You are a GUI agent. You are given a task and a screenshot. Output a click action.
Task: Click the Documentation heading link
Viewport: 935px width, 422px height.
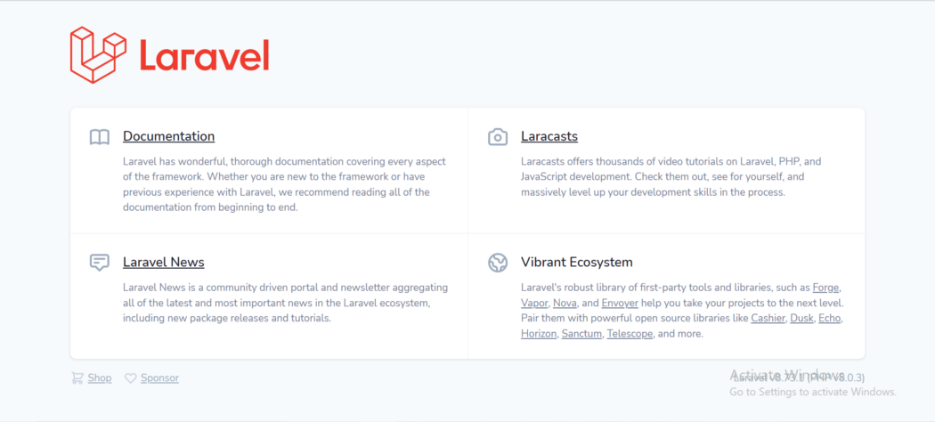point(168,136)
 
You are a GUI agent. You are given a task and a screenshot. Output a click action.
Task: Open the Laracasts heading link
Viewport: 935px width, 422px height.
point(549,136)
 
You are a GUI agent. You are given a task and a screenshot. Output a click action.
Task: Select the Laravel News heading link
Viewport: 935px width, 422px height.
point(163,262)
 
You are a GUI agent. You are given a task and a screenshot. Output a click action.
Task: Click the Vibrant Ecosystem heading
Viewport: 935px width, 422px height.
point(576,262)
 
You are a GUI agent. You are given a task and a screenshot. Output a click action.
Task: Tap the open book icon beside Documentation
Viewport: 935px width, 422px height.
point(100,137)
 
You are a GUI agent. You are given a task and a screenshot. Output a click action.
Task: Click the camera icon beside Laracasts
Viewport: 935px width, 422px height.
point(498,137)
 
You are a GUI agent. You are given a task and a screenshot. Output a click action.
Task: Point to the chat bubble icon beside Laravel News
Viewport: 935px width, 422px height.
point(100,263)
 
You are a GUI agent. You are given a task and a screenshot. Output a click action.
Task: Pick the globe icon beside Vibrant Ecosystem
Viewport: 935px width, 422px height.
point(498,263)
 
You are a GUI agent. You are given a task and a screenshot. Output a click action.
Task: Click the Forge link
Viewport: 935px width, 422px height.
point(825,288)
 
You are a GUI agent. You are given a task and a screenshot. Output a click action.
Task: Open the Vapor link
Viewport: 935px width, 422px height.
point(534,303)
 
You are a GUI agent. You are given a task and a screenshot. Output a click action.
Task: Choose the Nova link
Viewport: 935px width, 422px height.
point(565,303)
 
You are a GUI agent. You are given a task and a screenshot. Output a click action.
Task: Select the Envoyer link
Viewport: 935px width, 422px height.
point(619,303)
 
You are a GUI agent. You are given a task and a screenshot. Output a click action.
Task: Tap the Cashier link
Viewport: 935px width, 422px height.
point(768,318)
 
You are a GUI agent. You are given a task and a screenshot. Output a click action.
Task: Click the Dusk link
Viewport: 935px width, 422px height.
point(801,318)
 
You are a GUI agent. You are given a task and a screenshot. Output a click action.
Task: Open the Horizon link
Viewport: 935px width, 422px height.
point(539,334)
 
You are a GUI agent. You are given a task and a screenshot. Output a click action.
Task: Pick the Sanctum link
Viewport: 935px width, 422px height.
point(581,334)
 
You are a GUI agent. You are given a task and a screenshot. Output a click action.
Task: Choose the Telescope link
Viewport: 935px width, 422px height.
point(630,334)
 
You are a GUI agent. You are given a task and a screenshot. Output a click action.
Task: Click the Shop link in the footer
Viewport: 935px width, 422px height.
point(99,377)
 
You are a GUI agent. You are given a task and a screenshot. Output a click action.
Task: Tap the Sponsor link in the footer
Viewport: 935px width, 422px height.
point(159,377)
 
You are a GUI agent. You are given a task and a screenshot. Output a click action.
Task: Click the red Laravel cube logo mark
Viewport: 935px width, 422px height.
point(98,55)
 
